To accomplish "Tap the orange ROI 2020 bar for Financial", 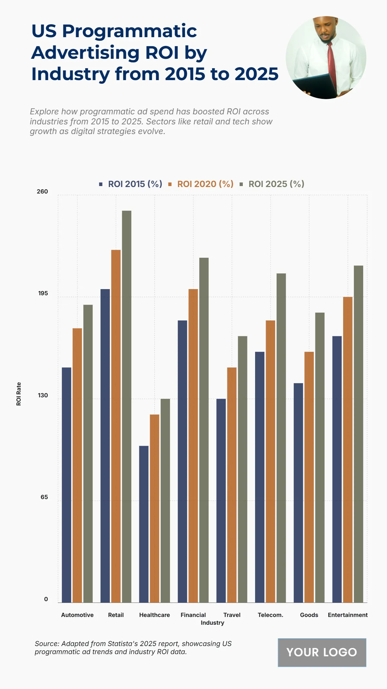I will coord(193,446).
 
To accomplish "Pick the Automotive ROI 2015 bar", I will coord(66,485).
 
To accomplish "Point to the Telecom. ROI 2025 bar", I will coord(281,438).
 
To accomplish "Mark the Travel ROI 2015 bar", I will coord(221,500).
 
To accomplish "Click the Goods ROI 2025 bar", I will coord(320,457).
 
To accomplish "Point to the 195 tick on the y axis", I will coord(43,293).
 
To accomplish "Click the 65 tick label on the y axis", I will coord(44,497).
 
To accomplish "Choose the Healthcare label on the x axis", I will coord(154,615).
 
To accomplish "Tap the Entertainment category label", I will coord(348,615).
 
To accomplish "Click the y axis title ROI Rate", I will coord(19,394).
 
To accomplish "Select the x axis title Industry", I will coord(212,623).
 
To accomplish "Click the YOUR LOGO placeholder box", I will coord(322,652).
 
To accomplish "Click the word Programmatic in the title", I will coord(129,31).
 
